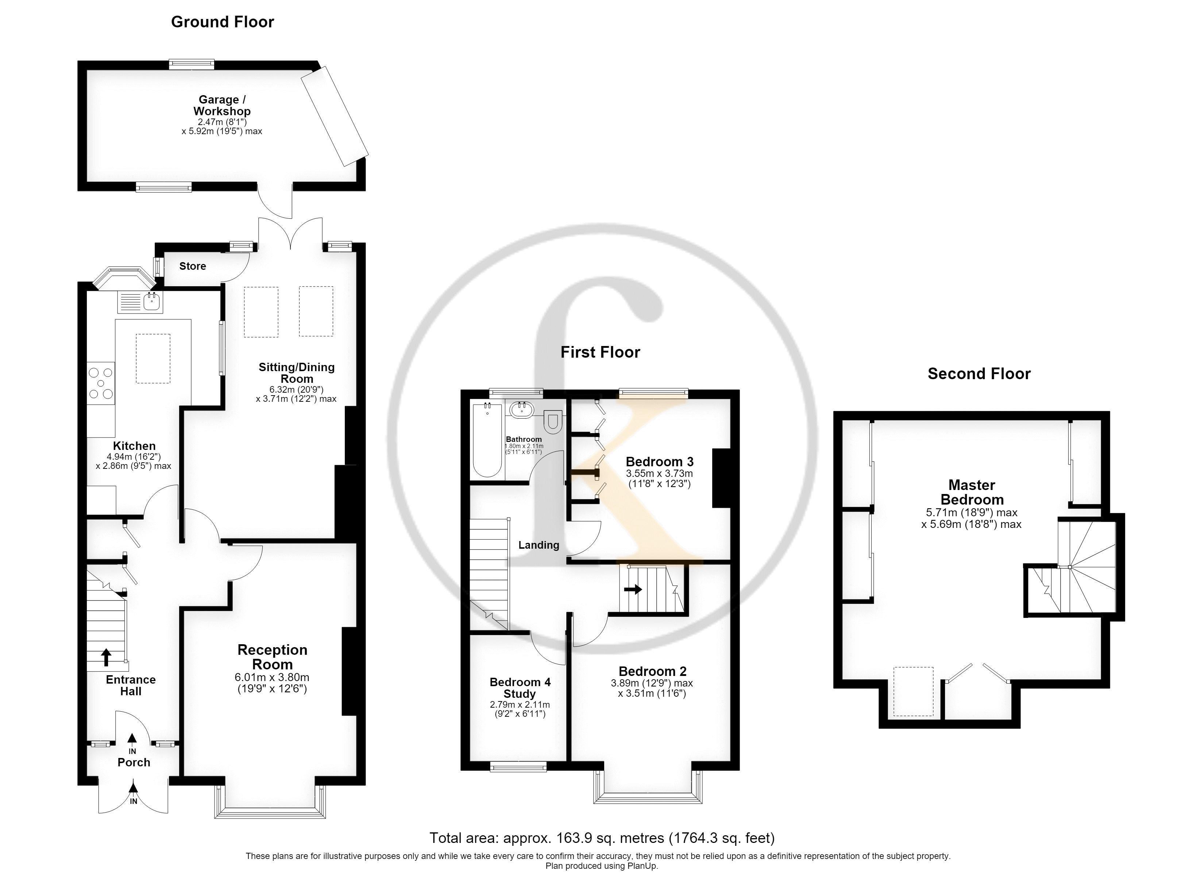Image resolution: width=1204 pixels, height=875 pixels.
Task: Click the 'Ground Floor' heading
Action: pos(223,22)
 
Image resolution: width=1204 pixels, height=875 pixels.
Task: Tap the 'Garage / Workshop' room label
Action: pos(222,105)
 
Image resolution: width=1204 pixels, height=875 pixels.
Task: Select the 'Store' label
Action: pos(193,266)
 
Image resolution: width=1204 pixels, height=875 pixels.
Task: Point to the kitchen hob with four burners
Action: pos(101,383)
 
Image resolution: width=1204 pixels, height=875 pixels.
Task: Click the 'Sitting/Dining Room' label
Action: pos(297,373)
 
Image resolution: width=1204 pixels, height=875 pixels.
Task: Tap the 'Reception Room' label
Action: pos(272,657)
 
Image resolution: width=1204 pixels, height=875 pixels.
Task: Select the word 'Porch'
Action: pos(134,762)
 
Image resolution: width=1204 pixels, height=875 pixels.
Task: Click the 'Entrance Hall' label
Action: pos(131,685)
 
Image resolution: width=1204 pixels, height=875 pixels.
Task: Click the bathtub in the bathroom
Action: pos(487,440)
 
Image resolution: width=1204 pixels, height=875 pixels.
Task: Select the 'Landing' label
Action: pos(539,545)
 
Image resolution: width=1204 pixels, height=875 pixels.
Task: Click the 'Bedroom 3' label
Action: pos(659,461)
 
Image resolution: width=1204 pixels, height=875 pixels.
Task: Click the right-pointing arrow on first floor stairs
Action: pos(633,589)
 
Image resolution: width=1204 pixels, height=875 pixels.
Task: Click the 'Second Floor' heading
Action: pos(979,374)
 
